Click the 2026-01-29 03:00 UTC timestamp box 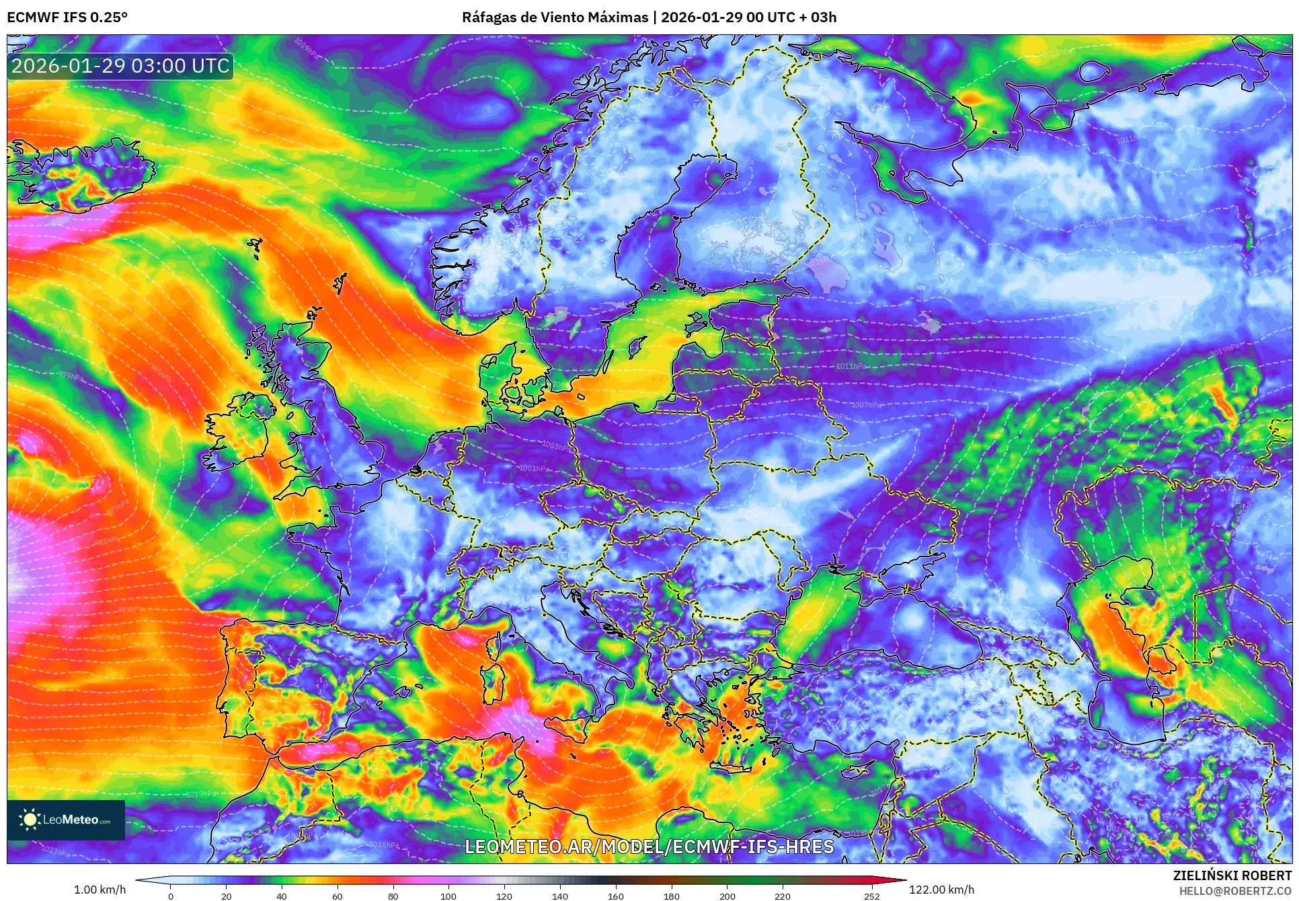pyautogui.click(x=120, y=66)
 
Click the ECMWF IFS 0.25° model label pyautogui.click(x=67, y=17)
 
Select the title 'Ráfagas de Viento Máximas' pyautogui.click(x=555, y=17)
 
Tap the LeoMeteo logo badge pyautogui.click(x=66, y=820)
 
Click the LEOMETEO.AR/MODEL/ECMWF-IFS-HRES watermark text pyautogui.click(x=649, y=846)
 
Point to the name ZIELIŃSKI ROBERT pyautogui.click(x=1232, y=875)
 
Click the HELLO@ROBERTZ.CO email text pyautogui.click(x=1235, y=891)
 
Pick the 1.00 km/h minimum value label pyautogui.click(x=100, y=890)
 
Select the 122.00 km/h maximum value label pyautogui.click(x=941, y=890)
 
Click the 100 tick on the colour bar pyautogui.click(x=448, y=896)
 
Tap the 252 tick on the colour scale pyautogui.click(x=871, y=896)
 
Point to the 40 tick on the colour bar pyautogui.click(x=282, y=896)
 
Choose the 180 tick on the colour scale pyautogui.click(x=671, y=896)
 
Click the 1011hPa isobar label pyautogui.click(x=851, y=367)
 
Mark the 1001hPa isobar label pyautogui.click(x=533, y=468)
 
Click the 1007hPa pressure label pyautogui.click(x=865, y=405)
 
